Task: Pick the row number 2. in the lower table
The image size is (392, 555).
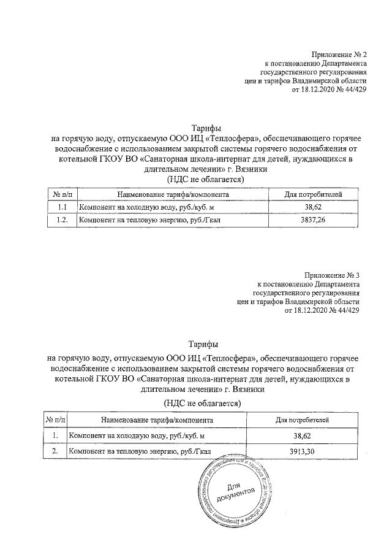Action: point(56,452)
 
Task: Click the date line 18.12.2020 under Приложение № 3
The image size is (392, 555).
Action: point(322,310)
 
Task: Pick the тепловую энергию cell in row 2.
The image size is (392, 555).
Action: point(140,452)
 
